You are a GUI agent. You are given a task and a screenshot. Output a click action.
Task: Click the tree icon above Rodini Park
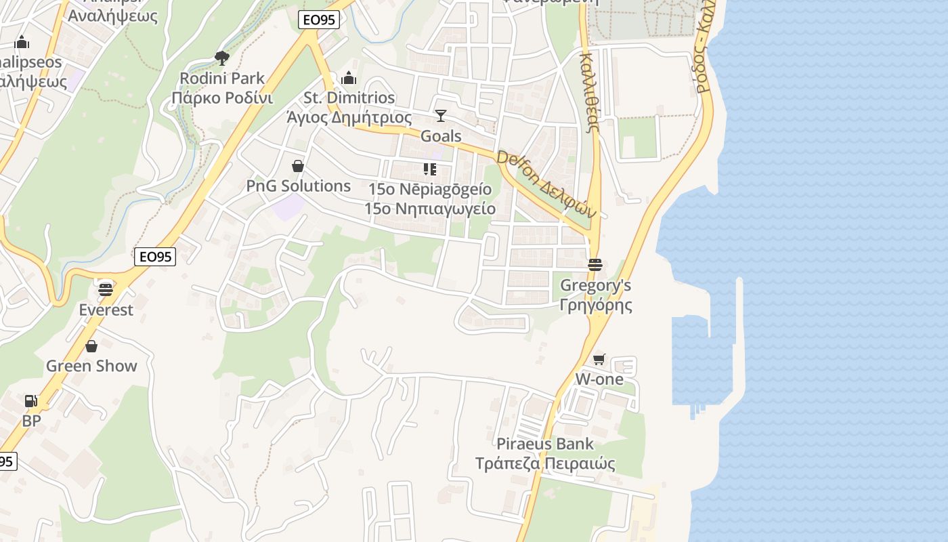pos(221,58)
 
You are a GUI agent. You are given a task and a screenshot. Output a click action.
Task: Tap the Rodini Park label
pos(222,88)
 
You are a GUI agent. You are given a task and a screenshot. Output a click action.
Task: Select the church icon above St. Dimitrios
pos(349,78)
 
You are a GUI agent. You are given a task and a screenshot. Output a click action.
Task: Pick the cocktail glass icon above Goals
pos(441,116)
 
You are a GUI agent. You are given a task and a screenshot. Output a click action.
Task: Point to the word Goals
pos(441,136)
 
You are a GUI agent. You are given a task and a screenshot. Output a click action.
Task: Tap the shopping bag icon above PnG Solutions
pos(297,166)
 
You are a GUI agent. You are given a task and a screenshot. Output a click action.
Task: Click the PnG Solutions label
pos(298,186)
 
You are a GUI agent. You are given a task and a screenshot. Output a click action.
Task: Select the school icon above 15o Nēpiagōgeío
pos(429,169)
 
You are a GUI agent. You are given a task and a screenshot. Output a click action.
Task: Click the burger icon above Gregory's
pos(595,264)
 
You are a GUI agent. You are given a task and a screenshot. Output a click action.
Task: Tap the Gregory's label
pos(595,295)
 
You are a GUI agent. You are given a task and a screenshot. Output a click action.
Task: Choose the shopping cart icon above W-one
pos(599,359)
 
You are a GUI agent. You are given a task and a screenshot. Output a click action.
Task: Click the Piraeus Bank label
pos(545,454)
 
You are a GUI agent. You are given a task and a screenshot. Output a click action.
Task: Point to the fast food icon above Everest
pos(106,290)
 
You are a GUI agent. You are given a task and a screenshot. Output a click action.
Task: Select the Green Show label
pos(91,366)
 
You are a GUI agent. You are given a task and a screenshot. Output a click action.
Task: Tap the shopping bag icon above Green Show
pos(91,347)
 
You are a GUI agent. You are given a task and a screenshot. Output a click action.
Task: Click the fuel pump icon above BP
pos(31,401)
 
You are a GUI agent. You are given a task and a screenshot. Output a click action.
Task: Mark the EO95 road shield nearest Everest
pos(155,257)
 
